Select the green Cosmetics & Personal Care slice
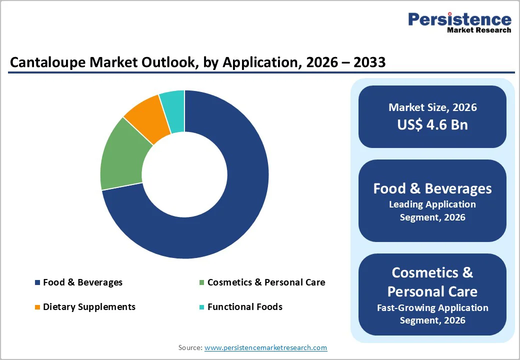(x=122, y=155)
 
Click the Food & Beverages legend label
(x=82, y=282)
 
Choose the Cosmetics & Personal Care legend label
(x=266, y=282)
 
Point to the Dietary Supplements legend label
(x=89, y=307)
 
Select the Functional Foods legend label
(x=245, y=307)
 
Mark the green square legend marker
(x=201, y=283)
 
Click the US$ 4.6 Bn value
(x=432, y=124)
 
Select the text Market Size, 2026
(x=432, y=107)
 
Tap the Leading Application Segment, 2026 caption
(x=432, y=210)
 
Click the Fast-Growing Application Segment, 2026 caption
(x=432, y=314)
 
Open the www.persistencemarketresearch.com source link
(x=265, y=347)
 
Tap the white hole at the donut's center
(x=184, y=174)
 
